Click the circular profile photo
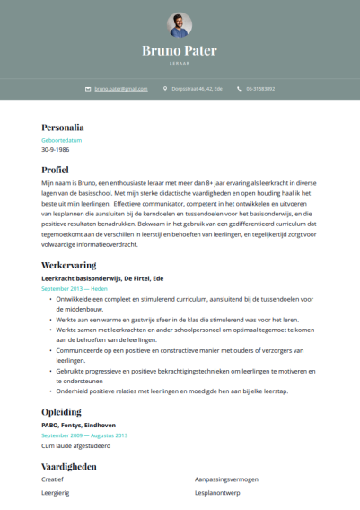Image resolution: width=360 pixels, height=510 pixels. [180, 25]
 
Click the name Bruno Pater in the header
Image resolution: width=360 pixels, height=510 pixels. [180, 50]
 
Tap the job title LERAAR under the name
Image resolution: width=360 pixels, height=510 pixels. [180, 63]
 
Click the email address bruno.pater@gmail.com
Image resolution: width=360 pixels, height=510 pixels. [120, 89]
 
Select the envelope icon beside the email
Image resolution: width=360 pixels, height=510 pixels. [88, 89]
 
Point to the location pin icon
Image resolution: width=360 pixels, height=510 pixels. [165, 89]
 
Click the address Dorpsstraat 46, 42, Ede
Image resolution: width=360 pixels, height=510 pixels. [198, 89]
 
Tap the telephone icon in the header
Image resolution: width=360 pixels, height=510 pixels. [240, 89]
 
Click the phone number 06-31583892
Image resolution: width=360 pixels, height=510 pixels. [261, 89]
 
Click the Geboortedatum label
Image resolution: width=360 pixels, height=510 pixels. [61, 141]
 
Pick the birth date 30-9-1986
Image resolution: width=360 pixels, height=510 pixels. [56, 151]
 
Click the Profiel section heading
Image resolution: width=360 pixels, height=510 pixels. [55, 168]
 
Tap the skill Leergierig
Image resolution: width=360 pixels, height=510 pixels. [56, 493]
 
